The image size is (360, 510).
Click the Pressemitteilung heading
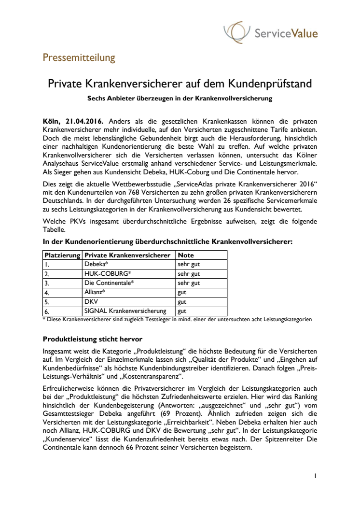click(79, 58)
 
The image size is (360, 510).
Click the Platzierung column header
click(62, 255)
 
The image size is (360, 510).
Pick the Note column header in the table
click(186, 255)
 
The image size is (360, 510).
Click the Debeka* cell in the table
click(96, 264)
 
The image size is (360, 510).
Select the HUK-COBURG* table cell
click(105, 274)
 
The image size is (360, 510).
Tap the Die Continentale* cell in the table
click(109, 283)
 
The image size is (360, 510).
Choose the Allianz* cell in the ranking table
click(96, 292)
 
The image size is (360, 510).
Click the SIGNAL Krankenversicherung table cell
click(125, 311)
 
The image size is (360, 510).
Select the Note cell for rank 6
click(182, 311)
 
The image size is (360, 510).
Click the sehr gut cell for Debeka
click(189, 264)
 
